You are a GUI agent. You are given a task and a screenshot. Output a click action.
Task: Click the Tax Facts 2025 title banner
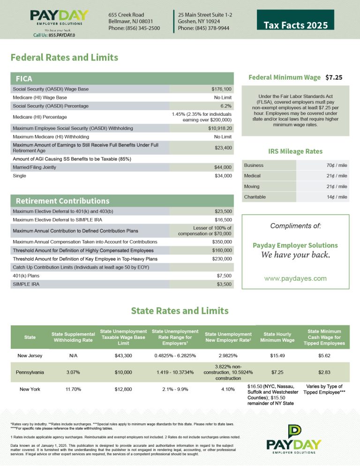point(296,25)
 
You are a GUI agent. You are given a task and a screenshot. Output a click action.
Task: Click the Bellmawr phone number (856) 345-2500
point(134,28)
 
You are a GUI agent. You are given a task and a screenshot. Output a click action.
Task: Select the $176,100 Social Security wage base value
point(222,89)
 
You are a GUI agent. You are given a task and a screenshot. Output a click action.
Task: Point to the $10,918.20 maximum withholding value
point(220,128)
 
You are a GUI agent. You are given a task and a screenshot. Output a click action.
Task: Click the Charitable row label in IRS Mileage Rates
point(255,197)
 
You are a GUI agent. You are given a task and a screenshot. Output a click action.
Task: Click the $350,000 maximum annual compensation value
point(221,242)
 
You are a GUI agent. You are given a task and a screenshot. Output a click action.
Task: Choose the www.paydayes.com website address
point(295,278)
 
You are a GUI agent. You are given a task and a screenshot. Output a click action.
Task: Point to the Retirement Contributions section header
point(62,201)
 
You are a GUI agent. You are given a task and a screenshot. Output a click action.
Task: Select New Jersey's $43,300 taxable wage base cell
point(123,356)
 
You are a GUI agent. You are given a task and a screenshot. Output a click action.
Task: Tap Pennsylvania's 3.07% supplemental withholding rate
point(73,372)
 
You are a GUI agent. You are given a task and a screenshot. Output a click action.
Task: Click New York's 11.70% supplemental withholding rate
point(73,389)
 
